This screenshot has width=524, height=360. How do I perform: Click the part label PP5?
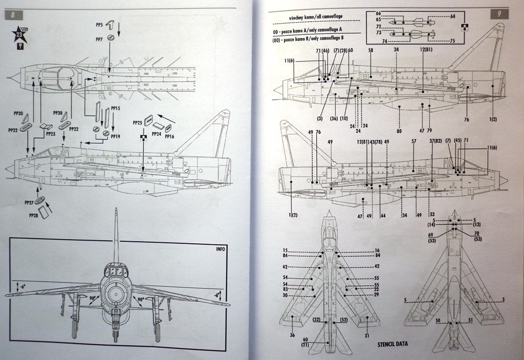click(99, 24)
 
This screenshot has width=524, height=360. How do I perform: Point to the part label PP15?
click(115, 109)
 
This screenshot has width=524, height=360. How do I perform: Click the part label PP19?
click(115, 137)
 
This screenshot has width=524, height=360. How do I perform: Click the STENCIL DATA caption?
click(394, 344)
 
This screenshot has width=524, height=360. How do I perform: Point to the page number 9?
click(499, 14)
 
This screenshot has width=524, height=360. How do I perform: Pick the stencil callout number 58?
click(370, 50)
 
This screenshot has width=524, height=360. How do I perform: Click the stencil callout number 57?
click(413, 141)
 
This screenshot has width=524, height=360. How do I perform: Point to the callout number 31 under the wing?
click(367, 336)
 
